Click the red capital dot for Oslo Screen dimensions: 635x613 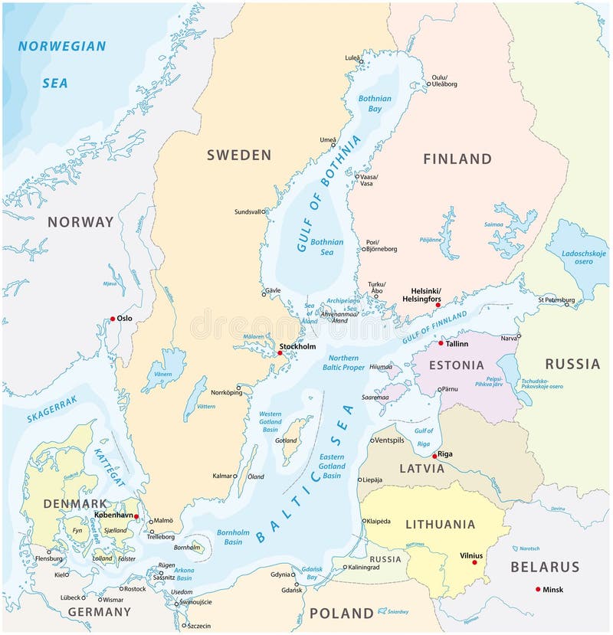113,319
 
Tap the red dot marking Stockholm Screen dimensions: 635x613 280,353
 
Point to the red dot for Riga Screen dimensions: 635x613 434,456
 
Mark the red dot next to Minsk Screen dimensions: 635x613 537,589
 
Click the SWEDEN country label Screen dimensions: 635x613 239,155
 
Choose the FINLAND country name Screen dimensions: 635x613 457,159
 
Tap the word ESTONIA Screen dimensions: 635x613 457,365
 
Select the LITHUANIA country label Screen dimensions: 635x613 440,525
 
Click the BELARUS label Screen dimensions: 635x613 546,568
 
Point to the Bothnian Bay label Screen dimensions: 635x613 375,104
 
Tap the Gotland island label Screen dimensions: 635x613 286,441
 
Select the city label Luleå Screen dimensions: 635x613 352,57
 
